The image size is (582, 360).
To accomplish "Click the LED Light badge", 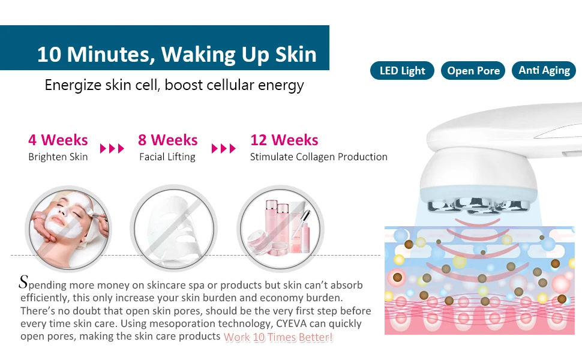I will [402, 71].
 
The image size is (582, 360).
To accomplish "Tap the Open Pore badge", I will [473, 71].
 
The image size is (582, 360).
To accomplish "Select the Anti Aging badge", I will [544, 70].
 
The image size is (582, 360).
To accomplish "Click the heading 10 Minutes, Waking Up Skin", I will [176, 54].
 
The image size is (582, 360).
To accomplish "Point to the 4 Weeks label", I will [58, 140].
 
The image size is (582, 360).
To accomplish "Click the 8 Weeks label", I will [167, 140].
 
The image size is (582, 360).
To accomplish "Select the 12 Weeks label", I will [284, 140].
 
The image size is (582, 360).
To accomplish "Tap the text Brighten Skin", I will [58, 157].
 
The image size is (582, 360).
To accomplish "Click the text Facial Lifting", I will [167, 157].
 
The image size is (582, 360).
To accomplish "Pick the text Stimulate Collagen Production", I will [319, 157].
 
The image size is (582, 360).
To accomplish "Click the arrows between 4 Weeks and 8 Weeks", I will [112, 148].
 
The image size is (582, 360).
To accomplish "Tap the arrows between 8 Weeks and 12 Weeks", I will [224, 148].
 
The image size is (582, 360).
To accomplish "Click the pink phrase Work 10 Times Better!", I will [278, 337].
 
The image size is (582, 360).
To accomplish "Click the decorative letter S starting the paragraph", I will [24, 281].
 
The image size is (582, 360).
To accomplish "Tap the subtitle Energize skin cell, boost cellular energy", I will [174, 85].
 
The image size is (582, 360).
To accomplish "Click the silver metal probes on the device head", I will [474, 206].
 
